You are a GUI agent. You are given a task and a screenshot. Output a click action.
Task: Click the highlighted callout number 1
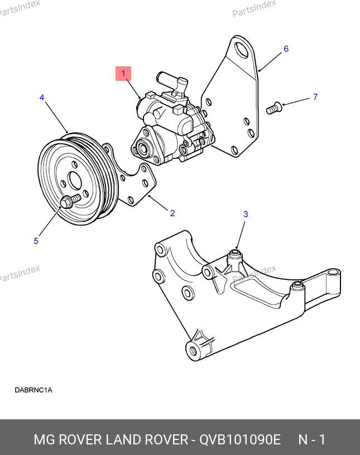[123, 74]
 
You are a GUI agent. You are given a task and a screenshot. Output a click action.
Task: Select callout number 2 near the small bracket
[172, 213]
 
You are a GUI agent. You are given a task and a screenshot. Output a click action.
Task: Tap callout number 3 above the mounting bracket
[246, 214]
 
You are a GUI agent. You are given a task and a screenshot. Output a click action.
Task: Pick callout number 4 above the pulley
[42, 98]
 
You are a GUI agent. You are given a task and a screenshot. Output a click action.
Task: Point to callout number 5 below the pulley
[36, 241]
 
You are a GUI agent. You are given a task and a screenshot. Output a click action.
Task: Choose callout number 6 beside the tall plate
[286, 49]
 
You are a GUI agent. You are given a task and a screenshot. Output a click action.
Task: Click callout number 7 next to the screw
[315, 96]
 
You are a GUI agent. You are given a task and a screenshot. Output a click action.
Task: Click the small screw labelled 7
[273, 108]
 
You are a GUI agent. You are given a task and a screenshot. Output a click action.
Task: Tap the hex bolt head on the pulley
[66, 202]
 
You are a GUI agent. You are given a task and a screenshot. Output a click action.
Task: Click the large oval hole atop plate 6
[242, 49]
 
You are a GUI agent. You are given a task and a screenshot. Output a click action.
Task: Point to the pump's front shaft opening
[143, 148]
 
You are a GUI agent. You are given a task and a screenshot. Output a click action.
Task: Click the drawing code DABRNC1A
[33, 390]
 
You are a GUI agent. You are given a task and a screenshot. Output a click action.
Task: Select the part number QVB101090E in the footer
[239, 439]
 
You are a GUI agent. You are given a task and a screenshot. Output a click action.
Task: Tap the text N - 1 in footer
[312, 439]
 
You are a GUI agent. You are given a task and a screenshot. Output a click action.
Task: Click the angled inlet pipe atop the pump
[171, 83]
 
